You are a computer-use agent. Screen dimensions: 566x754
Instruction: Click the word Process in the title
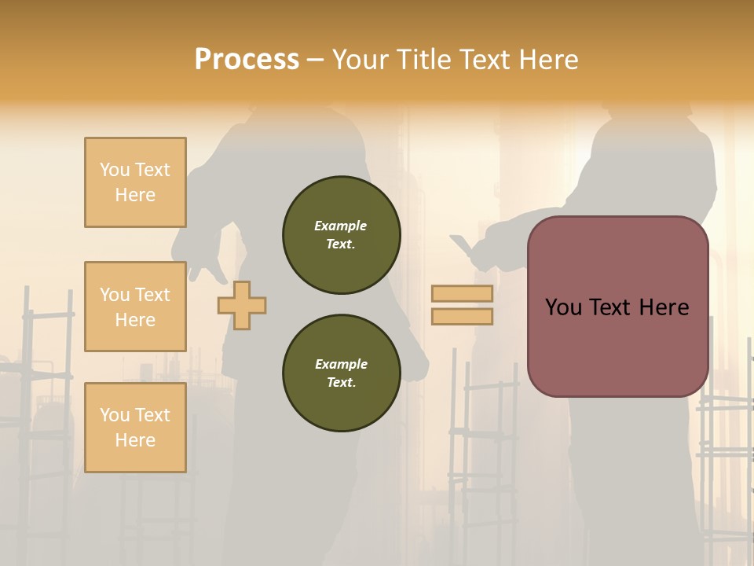[x=247, y=60]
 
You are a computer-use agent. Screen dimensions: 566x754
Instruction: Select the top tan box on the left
[x=135, y=182]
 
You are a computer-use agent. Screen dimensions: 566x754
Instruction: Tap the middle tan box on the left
[x=135, y=307]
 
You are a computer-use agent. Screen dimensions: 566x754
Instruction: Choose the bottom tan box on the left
[x=135, y=427]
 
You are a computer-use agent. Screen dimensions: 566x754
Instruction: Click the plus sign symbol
[x=242, y=304]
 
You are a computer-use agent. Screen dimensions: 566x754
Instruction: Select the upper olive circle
[x=341, y=235]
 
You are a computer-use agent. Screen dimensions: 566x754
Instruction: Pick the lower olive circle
[x=341, y=373]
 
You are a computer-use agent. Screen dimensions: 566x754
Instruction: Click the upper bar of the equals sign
[x=462, y=293]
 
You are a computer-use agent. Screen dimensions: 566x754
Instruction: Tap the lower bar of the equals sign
[x=462, y=317]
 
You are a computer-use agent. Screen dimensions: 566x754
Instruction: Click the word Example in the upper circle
[x=341, y=226]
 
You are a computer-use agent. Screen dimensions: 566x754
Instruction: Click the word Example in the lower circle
[x=341, y=364]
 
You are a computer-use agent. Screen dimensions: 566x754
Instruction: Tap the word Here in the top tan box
[x=135, y=195]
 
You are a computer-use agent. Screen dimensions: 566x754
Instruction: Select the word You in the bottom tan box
[x=115, y=414]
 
